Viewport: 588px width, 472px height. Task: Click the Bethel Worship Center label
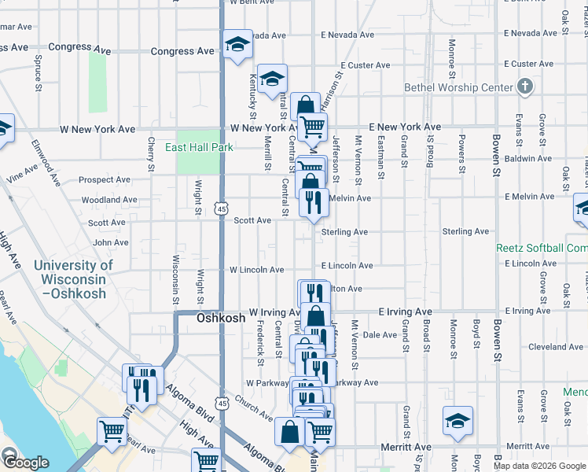(x=458, y=88)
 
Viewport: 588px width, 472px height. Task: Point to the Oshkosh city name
(x=199, y=319)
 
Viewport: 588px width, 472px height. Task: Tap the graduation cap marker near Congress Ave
(x=236, y=45)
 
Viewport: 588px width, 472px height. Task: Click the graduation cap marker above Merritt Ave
(x=458, y=421)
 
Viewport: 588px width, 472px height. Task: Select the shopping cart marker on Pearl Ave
(x=112, y=431)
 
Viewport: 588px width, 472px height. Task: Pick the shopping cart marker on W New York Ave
(x=313, y=126)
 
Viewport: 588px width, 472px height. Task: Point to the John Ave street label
(x=110, y=242)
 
